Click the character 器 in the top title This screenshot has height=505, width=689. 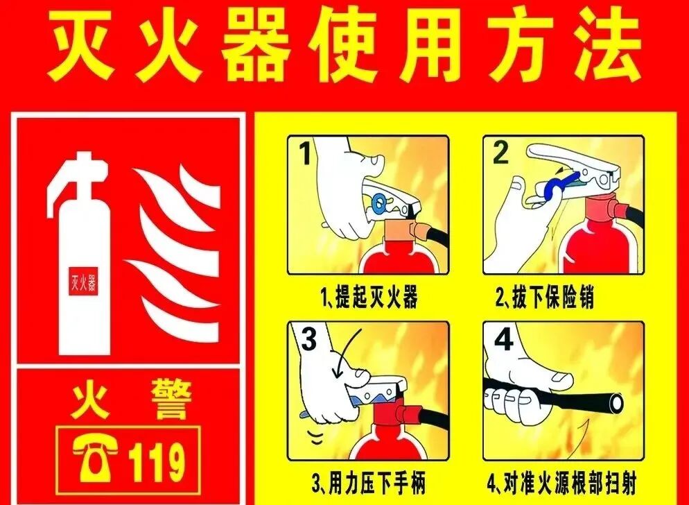tap(254, 47)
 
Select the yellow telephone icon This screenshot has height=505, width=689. tap(95, 459)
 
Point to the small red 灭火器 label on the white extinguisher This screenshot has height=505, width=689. tap(83, 281)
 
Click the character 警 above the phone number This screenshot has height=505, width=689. tap(171, 400)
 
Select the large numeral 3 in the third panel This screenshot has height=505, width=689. tap(309, 339)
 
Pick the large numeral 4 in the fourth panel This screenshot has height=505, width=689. tap(504, 339)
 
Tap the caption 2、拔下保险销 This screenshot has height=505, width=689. tap(545, 297)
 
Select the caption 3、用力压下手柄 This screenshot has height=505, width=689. tap(369, 483)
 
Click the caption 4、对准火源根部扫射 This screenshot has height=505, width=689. tap(561, 483)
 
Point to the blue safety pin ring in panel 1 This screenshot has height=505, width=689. tap(380, 203)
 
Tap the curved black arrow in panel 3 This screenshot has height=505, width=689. tap(348, 351)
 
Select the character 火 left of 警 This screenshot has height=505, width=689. tap(90, 400)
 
